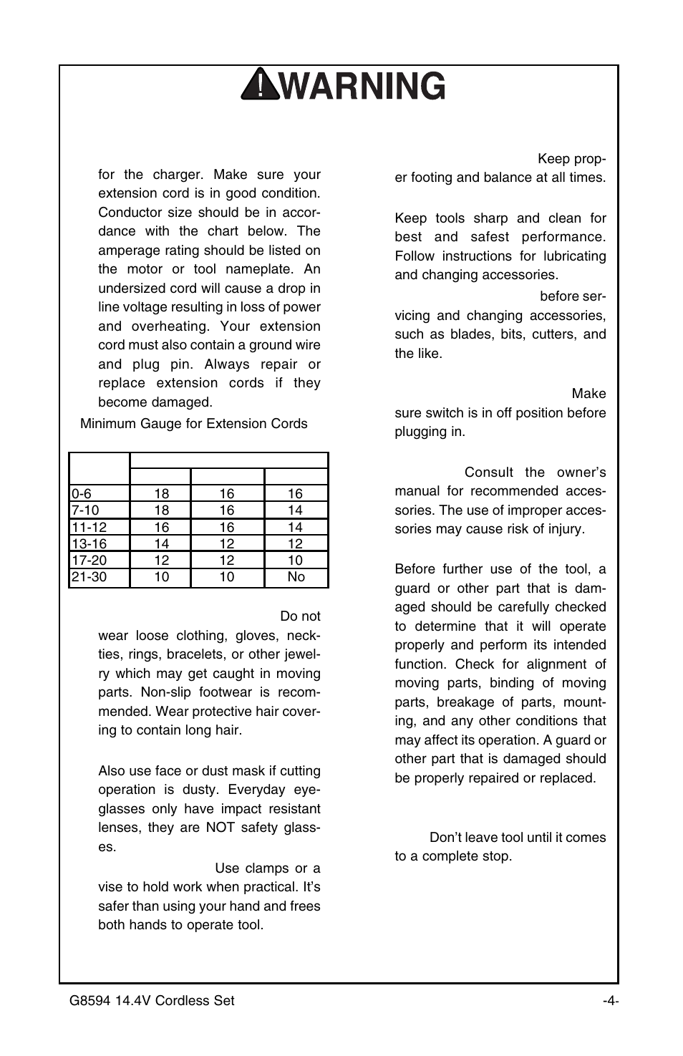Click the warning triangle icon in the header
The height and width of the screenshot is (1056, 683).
point(258,86)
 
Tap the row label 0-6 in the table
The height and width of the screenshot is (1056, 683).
point(82,494)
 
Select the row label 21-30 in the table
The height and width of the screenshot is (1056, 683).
point(89,577)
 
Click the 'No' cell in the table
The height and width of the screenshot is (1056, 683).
point(296,577)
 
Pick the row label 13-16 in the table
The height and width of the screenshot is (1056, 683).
point(89,544)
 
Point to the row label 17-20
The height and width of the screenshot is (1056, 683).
point(89,561)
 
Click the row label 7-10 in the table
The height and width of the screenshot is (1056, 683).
point(86,510)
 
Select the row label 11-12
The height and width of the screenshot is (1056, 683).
point(89,528)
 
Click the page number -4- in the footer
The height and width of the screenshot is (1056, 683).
point(610,1001)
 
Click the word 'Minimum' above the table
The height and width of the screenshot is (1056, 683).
point(107,424)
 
